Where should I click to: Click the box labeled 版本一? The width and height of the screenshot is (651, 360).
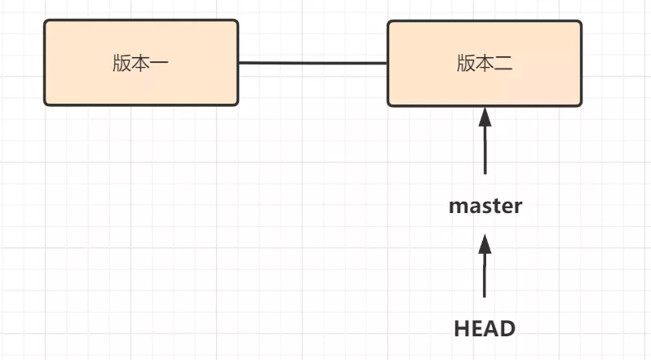(x=140, y=63)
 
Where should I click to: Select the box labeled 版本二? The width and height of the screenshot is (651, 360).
(x=484, y=63)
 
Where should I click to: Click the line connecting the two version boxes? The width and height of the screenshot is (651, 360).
(x=312, y=63)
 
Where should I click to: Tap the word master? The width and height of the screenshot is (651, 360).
(x=485, y=206)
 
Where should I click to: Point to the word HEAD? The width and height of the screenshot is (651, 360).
(x=485, y=328)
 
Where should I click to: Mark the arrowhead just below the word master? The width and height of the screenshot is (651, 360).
(x=485, y=244)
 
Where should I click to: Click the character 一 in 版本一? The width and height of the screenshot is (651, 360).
(x=160, y=64)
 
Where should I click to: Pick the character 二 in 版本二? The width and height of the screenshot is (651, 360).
(x=503, y=64)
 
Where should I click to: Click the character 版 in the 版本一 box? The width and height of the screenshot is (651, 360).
(x=122, y=64)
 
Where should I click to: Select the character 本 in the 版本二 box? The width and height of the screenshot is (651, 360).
(x=485, y=64)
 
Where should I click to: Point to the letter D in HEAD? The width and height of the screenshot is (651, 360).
(x=507, y=328)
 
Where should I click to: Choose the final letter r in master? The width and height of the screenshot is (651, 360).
(x=517, y=207)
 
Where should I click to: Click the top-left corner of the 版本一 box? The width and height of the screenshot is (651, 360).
(x=46, y=22)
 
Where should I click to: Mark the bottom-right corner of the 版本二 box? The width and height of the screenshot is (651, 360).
(x=580, y=104)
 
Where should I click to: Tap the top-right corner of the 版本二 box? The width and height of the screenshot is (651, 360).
(x=580, y=22)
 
